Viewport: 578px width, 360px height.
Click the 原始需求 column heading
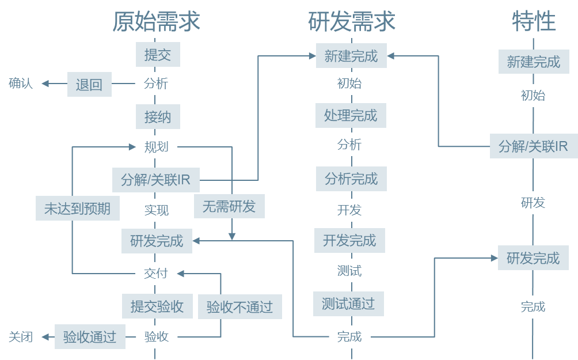[x=156, y=21]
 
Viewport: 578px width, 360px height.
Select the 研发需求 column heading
[x=351, y=21]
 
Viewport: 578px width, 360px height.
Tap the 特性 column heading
[x=534, y=21]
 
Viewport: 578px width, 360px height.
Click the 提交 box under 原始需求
[x=157, y=55]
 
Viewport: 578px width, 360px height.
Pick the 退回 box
[x=89, y=85]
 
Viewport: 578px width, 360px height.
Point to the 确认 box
[x=20, y=84]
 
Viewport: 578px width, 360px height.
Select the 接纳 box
[x=157, y=116]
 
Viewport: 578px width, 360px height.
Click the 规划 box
[x=156, y=147]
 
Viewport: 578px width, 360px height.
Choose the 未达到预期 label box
[x=77, y=209]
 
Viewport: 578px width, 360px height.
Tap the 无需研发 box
[x=229, y=206]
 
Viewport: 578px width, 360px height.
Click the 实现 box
[x=156, y=210]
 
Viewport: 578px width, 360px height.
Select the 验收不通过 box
[x=239, y=307]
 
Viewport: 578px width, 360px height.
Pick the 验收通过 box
[x=89, y=336]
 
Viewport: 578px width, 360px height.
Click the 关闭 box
[x=20, y=336]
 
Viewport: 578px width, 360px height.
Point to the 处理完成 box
[x=350, y=115]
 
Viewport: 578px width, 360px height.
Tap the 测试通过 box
[x=348, y=303]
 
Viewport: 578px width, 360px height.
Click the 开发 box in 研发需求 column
[x=349, y=210]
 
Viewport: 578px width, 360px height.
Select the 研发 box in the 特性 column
[x=533, y=203]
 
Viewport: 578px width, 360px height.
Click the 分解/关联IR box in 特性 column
[x=533, y=146]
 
